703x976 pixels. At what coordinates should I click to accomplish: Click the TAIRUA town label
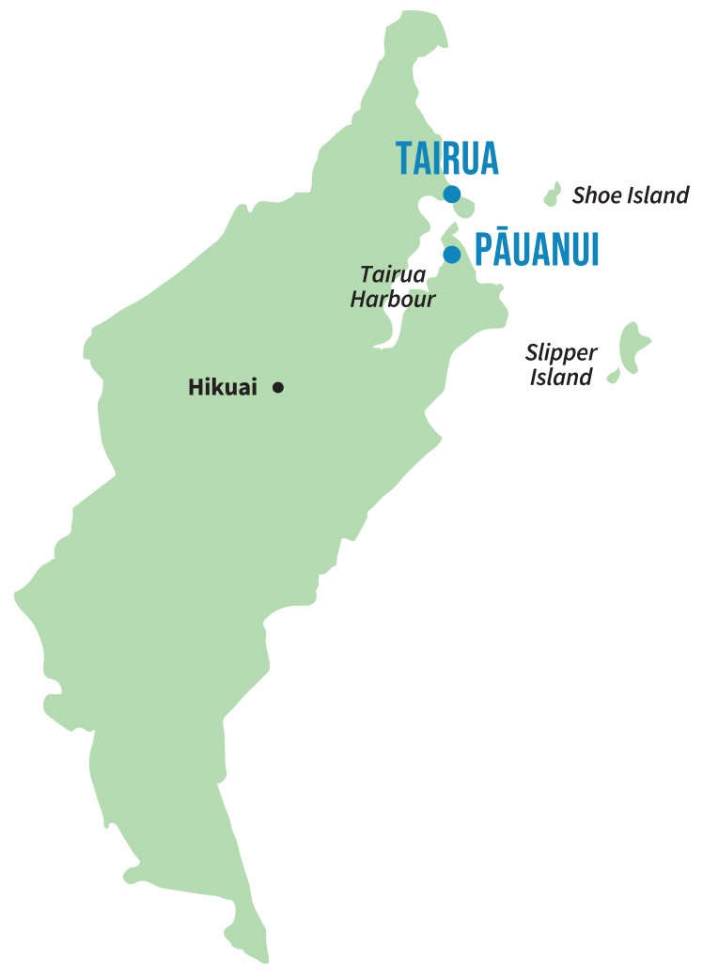(446, 159)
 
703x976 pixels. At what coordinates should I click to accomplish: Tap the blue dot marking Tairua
(452, 194)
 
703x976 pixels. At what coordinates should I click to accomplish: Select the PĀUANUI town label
(537, 252)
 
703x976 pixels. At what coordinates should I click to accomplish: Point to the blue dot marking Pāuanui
(452, 255)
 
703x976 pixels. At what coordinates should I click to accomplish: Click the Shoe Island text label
(631, 195)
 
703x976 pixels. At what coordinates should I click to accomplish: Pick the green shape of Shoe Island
(553, 194)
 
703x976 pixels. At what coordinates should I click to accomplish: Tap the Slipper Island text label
(562, 365)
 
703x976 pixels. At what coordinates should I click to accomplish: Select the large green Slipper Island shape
(632, 346)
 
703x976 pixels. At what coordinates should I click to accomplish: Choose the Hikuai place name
(223, 387)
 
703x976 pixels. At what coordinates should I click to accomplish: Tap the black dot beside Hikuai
(278, 387)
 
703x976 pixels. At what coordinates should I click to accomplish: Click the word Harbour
(393, 300)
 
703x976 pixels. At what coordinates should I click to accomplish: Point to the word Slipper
(562, 353)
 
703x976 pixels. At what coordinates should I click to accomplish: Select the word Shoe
(595, 195)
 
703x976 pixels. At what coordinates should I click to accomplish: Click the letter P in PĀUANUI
(483, 252)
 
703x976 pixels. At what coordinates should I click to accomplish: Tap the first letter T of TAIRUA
(404, 159)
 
